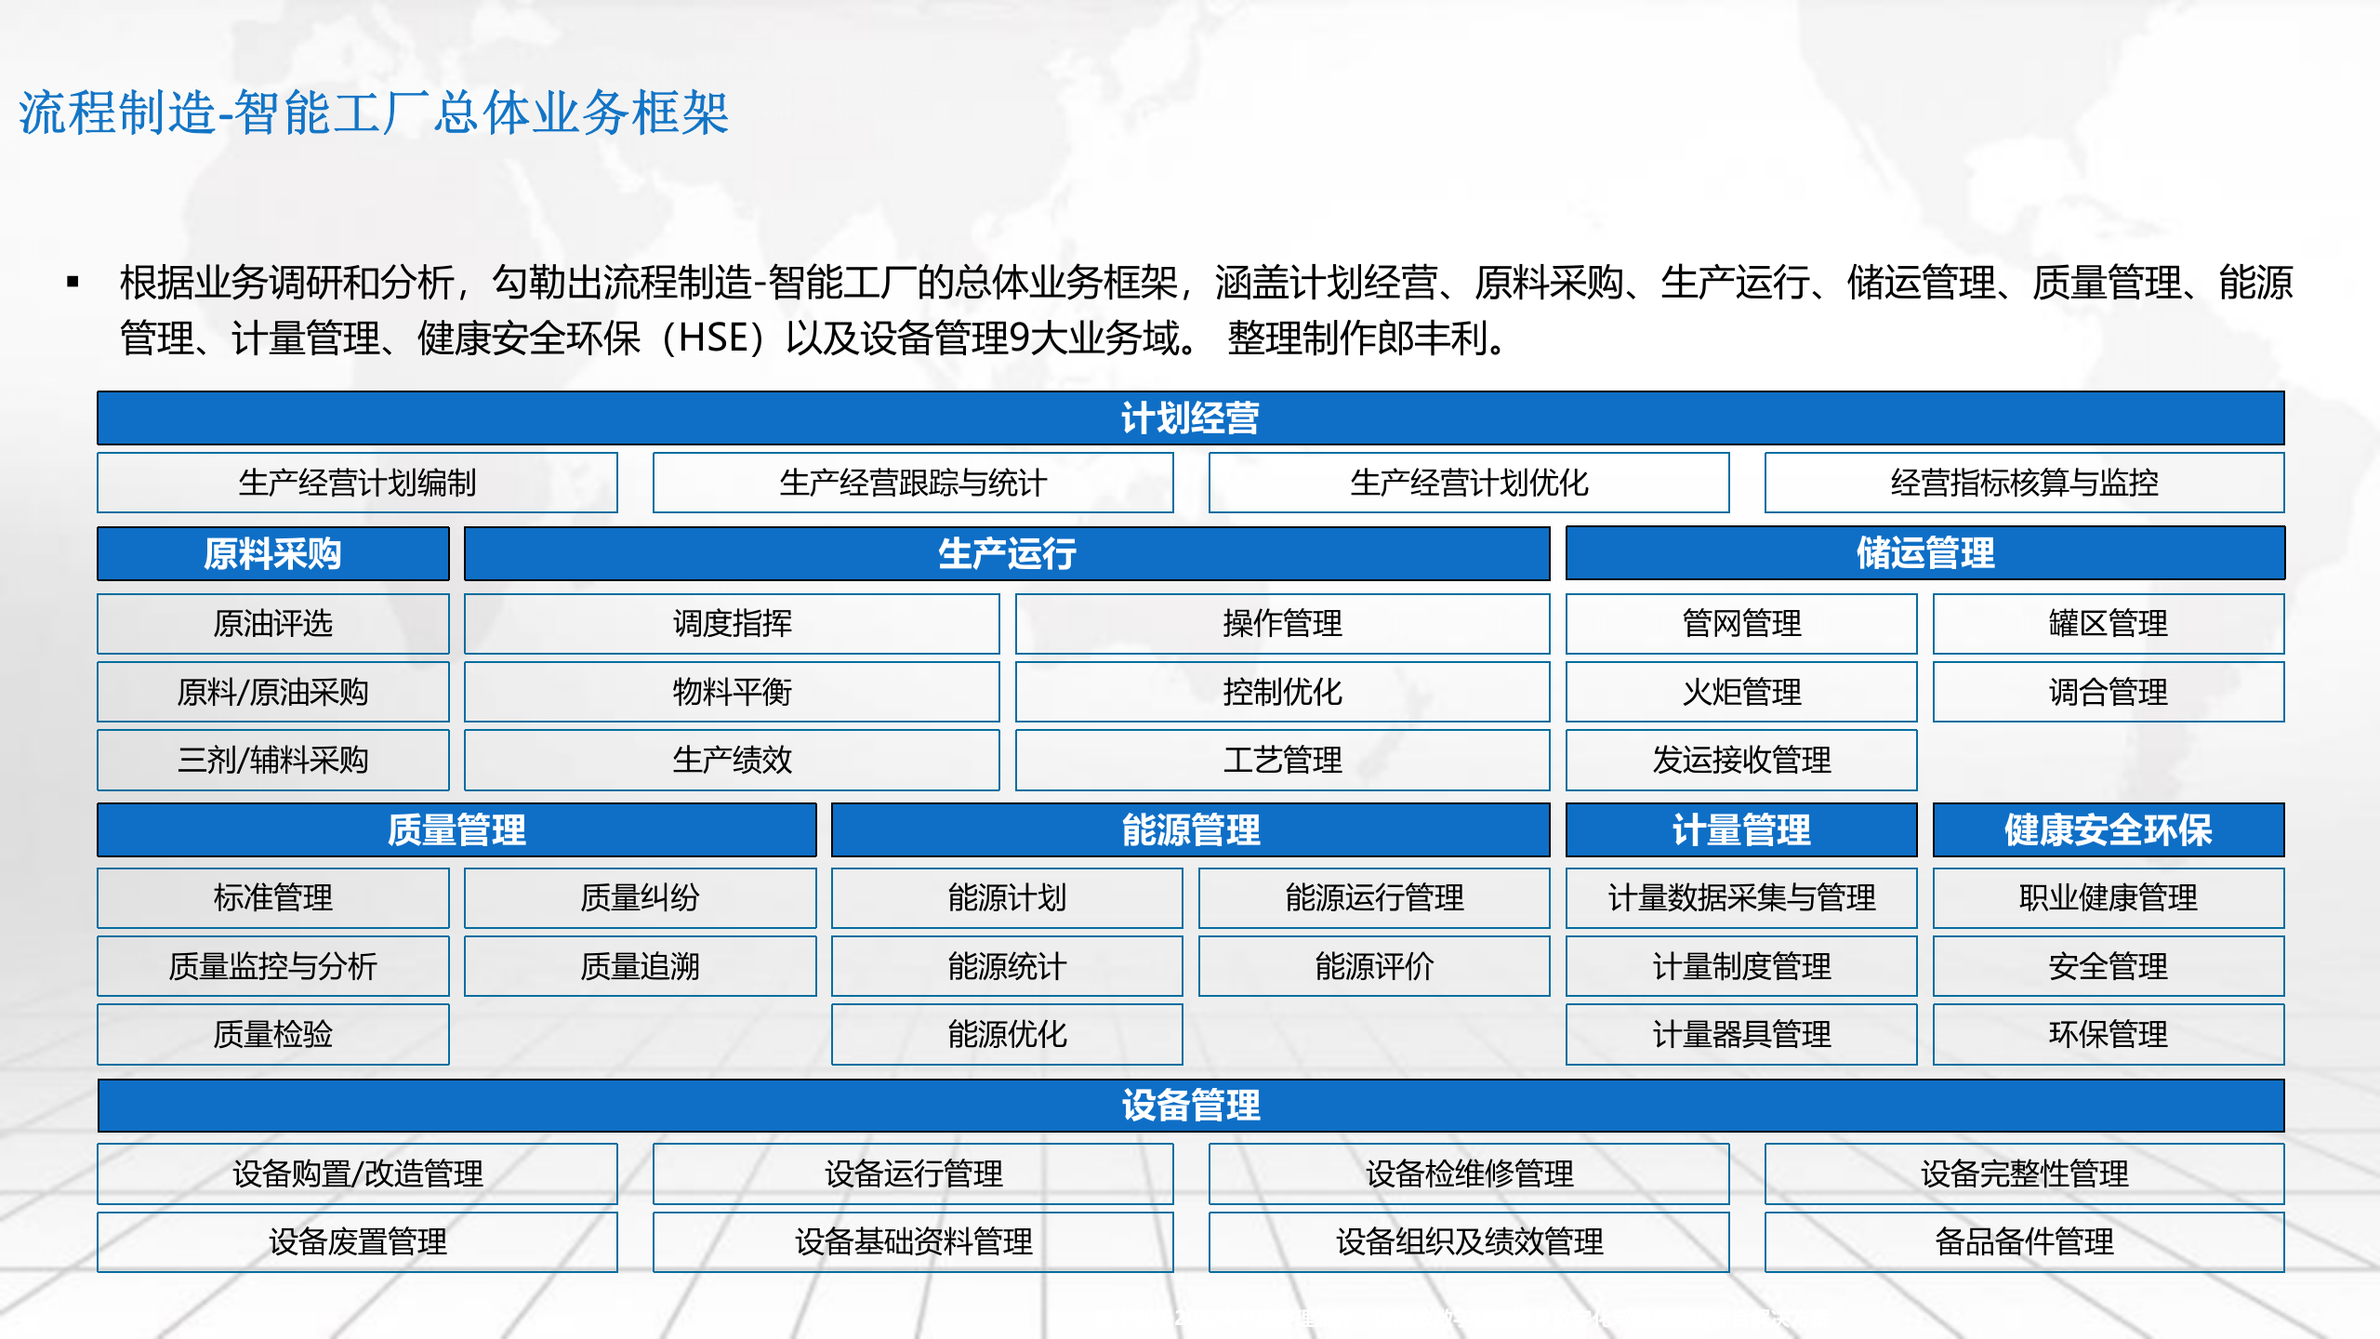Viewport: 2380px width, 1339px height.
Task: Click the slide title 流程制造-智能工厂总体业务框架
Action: pyautogui.click(x=374, y=113)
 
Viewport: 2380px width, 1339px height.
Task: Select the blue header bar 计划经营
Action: pyautogui.click(x=1190, y=418)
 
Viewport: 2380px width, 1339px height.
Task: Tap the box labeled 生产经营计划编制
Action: pyautogui.click(x=357, y=483)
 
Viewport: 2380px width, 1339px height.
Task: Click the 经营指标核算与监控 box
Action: pyautogui.click(x=2024, y=483)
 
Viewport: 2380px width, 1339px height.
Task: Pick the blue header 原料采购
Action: pyautogui.click(x=272, y=554)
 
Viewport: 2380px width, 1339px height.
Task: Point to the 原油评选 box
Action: pyautogui.click(x=272, y=623)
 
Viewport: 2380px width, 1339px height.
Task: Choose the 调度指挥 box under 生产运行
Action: pyautogui.click(x=732, y=623)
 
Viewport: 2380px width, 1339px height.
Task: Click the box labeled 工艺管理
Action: pyautogui.click(x=1282, y=760)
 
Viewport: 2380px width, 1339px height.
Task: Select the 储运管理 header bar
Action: pyautogui.click(x=1924, y=553)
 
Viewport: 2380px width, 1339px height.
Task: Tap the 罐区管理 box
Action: pyautogui.click(x=2108, y=623)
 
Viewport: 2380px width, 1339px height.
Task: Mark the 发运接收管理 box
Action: pyautogui.click(x=1741, y=760)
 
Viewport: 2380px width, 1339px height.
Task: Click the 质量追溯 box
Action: pyautogui.click(x=640, y=966)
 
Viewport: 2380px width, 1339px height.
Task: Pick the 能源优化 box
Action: pyautogui.click(x=1007, y=1034)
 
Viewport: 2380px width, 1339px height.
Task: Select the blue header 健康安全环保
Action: pyautogui.click(x=2108, y=829)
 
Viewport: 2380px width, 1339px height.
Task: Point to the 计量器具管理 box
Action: pyautogui.click(x=1741, y=1034)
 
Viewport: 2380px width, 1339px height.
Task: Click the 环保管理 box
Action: pyautogui.click(x=2108, y=1034)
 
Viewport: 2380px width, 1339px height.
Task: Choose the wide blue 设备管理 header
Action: pyautogui.click(x=1190, y=1105)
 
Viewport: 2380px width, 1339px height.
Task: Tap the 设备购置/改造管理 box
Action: pyautogui.click(x=357, y=1173)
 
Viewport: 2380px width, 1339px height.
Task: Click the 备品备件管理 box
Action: pyautogui.click(x=2024, y=1241)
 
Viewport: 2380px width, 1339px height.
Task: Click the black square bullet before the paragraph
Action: pyautogui.click(x=73, y=282)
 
